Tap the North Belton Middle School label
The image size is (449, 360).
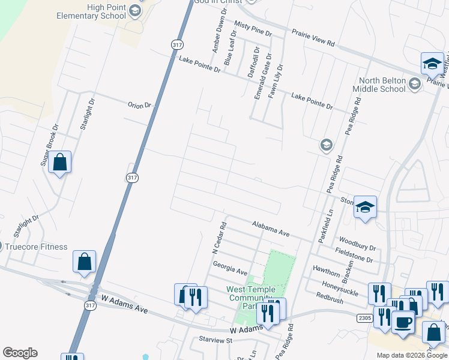382,85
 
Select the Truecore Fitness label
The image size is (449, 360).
37,247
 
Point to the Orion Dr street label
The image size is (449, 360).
140,105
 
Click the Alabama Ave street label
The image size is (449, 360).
271,228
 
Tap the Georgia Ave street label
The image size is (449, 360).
230,268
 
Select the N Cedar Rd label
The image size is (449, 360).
223,236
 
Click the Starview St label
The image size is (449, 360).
216,340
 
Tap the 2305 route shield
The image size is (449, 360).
364,317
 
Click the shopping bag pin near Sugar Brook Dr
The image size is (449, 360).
60,162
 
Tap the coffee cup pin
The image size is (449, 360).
403,322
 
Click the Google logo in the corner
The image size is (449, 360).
20,353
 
